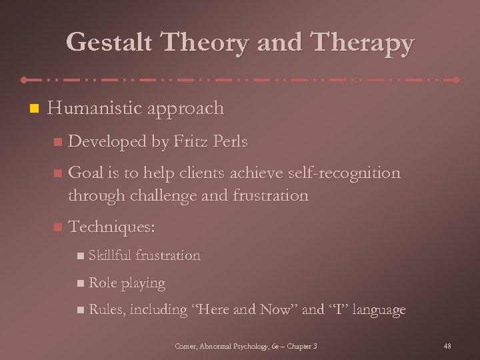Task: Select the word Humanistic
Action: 90,108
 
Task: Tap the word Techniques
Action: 111,227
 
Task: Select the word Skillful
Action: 110,255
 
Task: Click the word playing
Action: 143,283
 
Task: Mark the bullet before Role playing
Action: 80,283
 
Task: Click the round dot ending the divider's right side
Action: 456,80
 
